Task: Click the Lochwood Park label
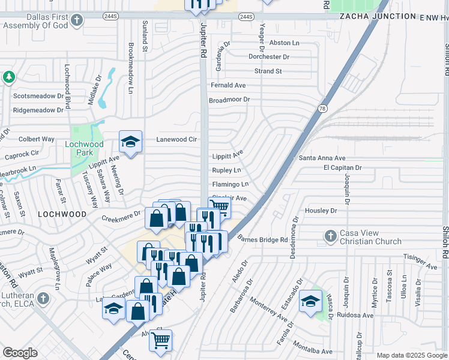(84, 148)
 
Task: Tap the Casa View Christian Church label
(371, 238)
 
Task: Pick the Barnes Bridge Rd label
(263, 239)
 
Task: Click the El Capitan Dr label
(343, 168)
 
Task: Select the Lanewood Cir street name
(176, 139)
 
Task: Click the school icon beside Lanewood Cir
(130, 142)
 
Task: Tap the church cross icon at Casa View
(330, 236)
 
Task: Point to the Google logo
(20, 353)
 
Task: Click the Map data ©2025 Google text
(411, 355)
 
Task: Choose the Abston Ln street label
(284, 43)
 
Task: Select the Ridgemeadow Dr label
(38, 110)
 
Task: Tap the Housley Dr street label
(321, 211)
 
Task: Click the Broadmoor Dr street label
(229, 100)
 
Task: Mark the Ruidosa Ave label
(355, 314)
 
